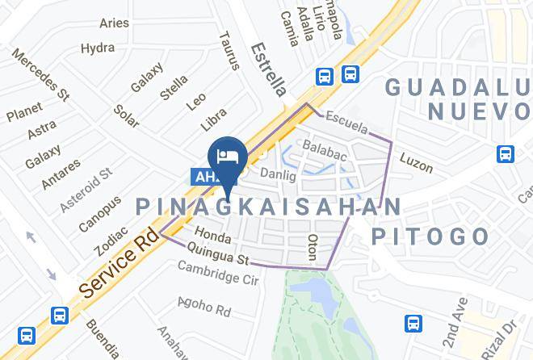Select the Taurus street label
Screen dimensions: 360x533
tap(230, 50)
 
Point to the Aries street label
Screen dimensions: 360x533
tap(115, 23)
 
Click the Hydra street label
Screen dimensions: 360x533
tap(98, 48)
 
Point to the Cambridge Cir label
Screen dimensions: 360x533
tap(217, 275)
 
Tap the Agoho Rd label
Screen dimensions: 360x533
tap(205, 308)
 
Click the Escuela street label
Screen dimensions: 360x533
tap(348, 123)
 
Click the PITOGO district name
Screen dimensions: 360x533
tap(430, 237)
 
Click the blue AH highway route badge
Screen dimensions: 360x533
tap(205, 175)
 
